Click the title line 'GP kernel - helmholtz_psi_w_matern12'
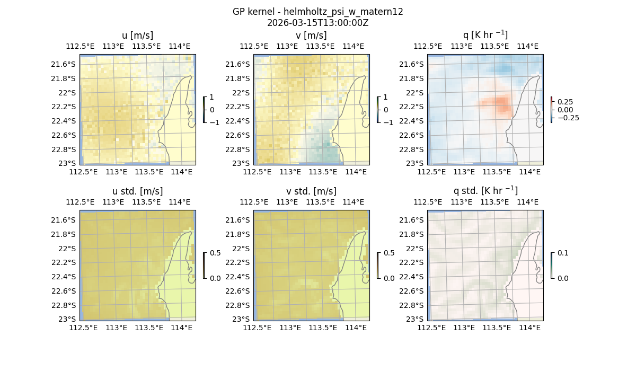[x=317, y=12]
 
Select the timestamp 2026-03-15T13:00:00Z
[x=317, y=23]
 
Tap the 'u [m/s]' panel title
[x=137, y=36]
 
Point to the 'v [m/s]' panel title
[x=311, y=36]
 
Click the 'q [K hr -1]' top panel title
[x=485, y=36]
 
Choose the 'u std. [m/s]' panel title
[x=137, y=191]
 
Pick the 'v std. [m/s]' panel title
[x=311, y=191]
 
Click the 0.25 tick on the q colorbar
[x=564, y=102]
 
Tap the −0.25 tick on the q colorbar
[x=567, y=118]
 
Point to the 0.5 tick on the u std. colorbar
[x=215, y=253]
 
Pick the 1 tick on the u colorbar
[x=213, y=98]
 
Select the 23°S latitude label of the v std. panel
[x=242, y=319]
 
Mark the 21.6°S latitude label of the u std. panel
[x=65, y=220]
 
